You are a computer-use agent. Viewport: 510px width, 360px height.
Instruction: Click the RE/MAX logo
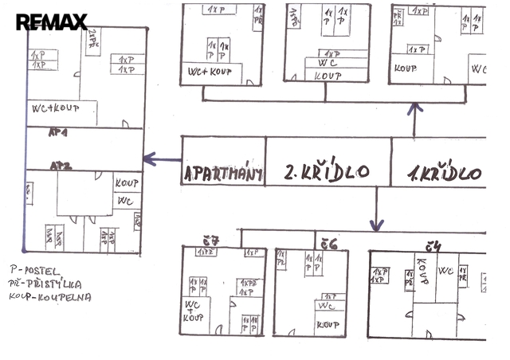(x=51, y=22)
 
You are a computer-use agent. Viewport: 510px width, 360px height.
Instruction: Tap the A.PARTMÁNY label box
(x=222, y=173)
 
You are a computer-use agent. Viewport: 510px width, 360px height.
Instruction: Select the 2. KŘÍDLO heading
(x=326, y=171)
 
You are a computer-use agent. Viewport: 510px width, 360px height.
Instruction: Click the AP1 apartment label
(x=58, y=133)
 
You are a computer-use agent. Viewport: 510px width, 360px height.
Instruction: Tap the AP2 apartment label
(x=61, y=166)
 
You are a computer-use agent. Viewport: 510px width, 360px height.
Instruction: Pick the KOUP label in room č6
(x=327, y=324)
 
